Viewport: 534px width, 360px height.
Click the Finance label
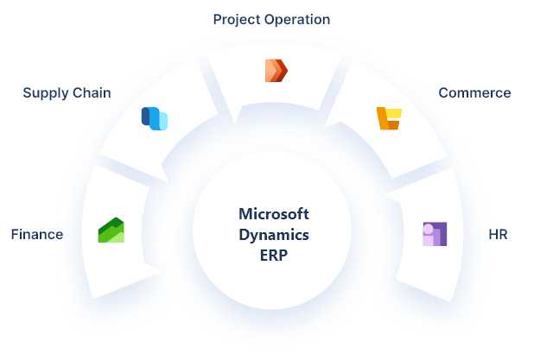click(36, 234)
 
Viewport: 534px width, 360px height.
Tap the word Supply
click(44, 93)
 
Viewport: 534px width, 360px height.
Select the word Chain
click(90, 93)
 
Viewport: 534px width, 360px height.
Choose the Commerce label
click(474, 93)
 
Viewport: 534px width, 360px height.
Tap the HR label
click(499, 234)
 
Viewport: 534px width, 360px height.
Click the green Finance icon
click(111, 231)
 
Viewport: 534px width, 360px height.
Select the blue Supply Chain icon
click(154, 118)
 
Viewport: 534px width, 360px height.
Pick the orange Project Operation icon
click(275, 70)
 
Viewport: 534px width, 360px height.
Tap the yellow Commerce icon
click(389, 118)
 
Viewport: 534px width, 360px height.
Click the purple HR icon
click(434, 234)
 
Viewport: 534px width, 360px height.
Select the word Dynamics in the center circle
click(272, 234)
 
